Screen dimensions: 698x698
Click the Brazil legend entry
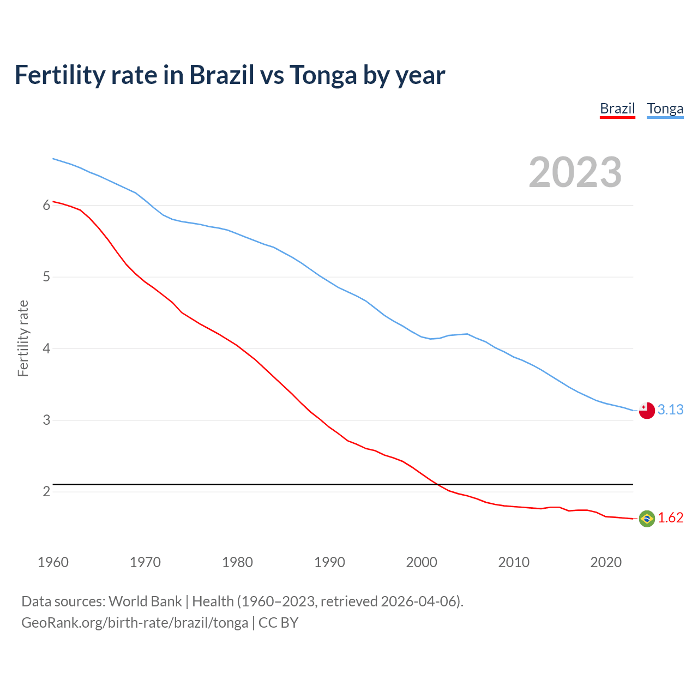click(x=617, y=109)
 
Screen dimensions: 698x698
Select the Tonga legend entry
click(x=665, y=109)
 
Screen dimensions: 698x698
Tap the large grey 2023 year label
click(x=575, y=172)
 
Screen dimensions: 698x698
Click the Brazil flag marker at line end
click(x=647, y=519)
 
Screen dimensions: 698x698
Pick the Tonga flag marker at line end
click(x=647, y=411)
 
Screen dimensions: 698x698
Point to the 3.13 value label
click(x=670, y=410)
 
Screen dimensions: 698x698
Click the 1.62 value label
click(x=670, y=518)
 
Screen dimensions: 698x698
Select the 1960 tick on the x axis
click(x=53, y=562)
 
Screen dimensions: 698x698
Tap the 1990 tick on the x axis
click(x=329, y=562)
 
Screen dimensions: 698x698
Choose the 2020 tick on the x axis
click(x=606, y=562)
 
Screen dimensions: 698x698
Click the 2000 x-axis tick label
click(x=422, y=562)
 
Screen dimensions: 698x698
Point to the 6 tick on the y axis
click(x=46, y=205)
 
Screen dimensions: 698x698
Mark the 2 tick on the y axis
click(x=46, y=491)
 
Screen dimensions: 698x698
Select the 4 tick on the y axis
click(x=46, y=348)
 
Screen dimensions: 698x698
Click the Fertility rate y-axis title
click(x=23, y=338)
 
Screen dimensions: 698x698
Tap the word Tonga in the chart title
click(x=323, y=75)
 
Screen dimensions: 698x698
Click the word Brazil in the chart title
click(x=221, y=75)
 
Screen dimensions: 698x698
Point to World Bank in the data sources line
click(x=145, y=601)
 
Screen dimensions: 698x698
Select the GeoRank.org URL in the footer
click(x=135, y=623)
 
